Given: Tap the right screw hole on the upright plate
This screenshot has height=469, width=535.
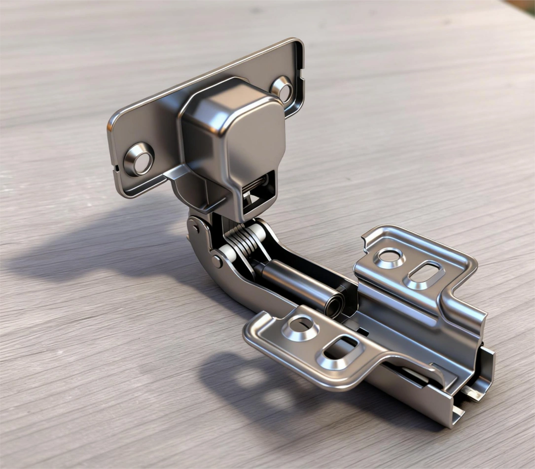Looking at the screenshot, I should (x=283, y=88).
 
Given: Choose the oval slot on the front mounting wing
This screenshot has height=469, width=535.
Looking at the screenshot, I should (x=340, y=351).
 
